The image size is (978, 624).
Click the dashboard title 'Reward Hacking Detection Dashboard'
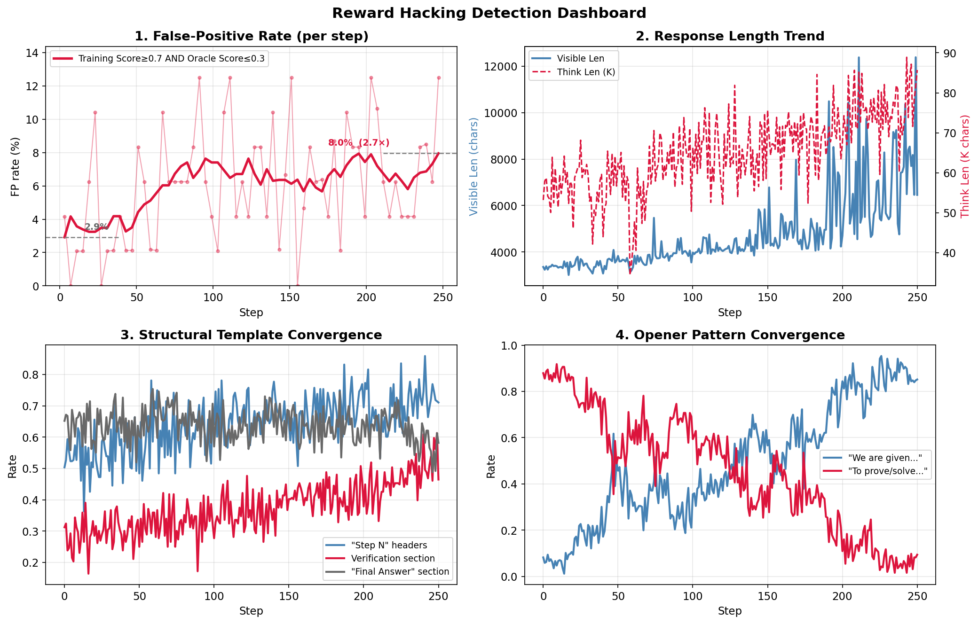(x=489, y=13)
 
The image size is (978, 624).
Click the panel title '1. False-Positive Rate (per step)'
(x=252, y=36)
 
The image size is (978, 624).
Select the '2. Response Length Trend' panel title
(x=730, y=36)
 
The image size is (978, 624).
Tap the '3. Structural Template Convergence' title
(x=252, y=335)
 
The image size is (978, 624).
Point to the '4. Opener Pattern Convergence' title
(x=730, y=335)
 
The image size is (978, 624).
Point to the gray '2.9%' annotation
(x=96, y=227)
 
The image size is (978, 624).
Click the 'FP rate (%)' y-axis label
(x=15, y=166)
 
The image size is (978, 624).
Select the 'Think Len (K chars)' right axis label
(x=965, y=166)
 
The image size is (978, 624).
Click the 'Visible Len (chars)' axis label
(x=473, y=166)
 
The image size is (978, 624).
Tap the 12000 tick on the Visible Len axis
(x=500, y=66)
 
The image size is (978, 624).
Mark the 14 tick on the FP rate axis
(x=32, y=53)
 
